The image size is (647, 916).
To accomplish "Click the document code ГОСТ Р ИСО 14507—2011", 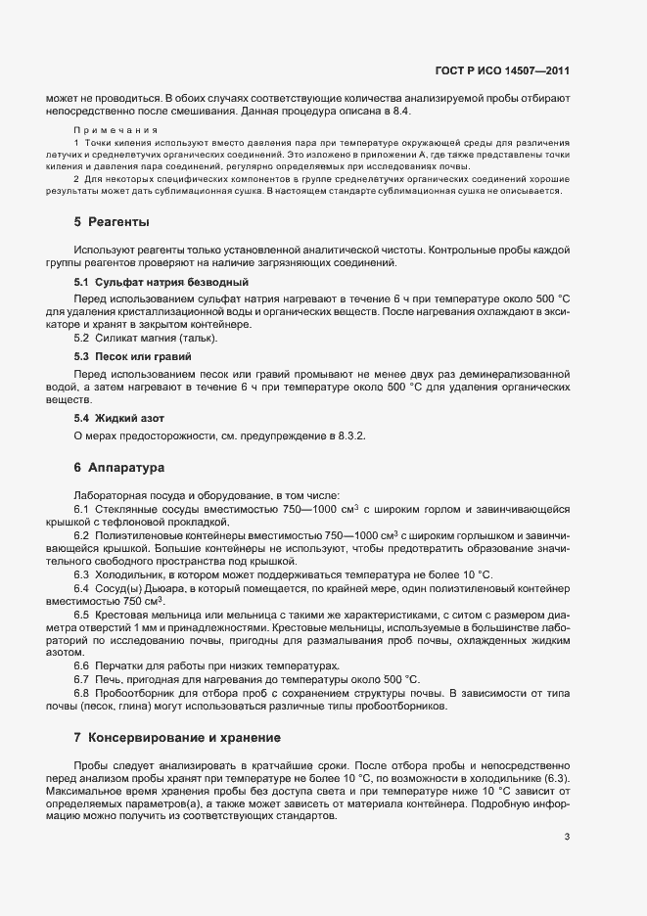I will point(502,70).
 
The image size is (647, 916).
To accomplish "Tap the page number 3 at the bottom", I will point(568,836).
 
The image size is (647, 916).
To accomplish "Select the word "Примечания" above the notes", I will point(108,129).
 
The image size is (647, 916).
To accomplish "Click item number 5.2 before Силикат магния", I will point(82,338).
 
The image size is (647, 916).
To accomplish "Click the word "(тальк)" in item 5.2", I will point(197,338).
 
